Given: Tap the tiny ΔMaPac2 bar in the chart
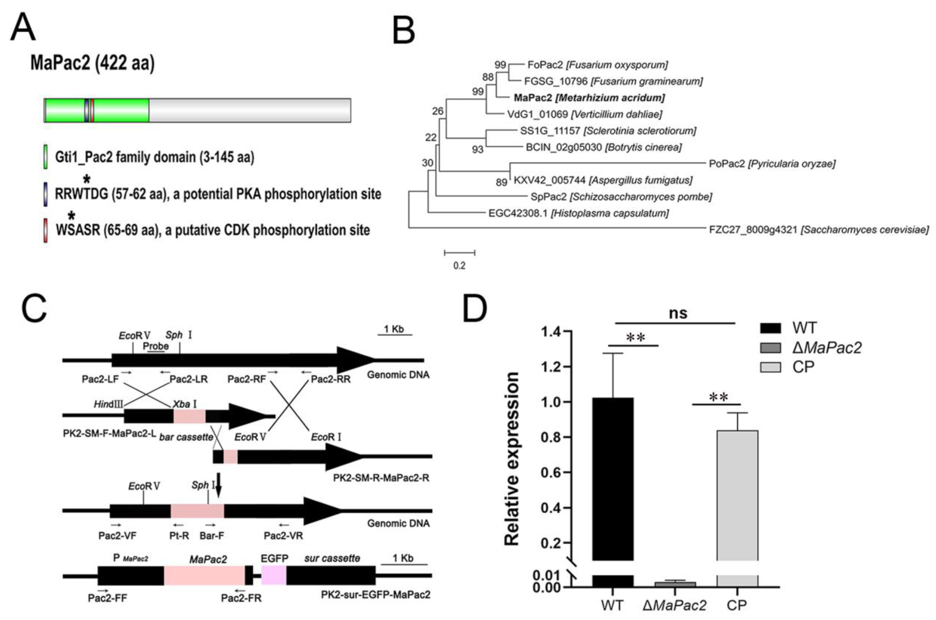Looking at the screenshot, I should tap(675, 584).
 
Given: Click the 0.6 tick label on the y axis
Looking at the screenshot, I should tap(551, 472).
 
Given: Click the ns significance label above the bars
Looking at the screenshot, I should tap(678, 313).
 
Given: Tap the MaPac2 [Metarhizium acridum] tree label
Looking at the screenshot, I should tap(589, 98).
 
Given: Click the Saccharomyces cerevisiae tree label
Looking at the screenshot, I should tap(819, 230).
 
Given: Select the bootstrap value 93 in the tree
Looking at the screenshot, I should tap(477, 150).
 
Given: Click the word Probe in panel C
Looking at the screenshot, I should tap(156, 346).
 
